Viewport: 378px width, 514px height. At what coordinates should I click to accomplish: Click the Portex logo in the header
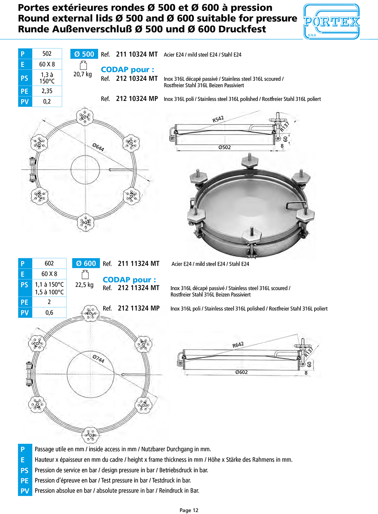331,22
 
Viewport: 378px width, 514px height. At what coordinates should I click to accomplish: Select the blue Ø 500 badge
84,54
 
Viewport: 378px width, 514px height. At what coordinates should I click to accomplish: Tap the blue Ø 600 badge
86,263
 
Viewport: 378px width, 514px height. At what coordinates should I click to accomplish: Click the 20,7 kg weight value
82,74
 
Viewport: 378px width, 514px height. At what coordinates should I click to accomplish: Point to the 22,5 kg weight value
84,285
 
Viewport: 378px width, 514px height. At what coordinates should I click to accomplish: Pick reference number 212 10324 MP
137,99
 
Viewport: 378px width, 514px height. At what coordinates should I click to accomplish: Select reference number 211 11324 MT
138,263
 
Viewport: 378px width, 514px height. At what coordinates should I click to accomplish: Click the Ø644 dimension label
98,147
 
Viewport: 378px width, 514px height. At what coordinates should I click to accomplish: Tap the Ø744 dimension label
99,358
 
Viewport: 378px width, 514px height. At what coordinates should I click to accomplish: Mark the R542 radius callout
218,119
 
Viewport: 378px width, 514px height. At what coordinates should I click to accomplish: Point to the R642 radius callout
238,345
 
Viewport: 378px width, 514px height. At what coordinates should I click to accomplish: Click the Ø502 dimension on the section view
225,147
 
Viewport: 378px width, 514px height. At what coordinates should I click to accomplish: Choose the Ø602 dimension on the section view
242,372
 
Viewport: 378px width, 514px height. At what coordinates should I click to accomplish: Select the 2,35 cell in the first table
47,91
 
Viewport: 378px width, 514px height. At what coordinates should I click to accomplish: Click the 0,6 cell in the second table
49,313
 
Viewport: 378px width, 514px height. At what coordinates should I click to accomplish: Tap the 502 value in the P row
47,54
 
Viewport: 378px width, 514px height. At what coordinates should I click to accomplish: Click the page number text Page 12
189,510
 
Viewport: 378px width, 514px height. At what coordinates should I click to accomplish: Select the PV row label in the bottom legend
25,491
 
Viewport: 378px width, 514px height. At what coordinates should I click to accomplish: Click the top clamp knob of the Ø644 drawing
85,116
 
